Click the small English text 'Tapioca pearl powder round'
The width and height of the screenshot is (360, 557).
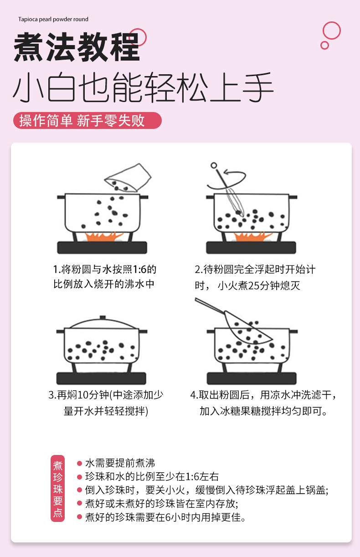point(53,19)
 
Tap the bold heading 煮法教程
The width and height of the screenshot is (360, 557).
point(77,47)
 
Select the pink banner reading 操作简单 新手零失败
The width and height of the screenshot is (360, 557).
point(87,120)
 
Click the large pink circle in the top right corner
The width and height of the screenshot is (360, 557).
point(331,31)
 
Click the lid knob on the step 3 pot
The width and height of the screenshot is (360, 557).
point(103,317)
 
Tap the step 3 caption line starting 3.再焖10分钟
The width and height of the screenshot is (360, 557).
point(105,395)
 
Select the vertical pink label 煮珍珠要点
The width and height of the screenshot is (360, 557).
point(58,489)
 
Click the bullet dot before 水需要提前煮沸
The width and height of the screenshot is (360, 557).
point(79,464)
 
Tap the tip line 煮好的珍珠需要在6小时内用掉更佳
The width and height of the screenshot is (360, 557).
point(165,517)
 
